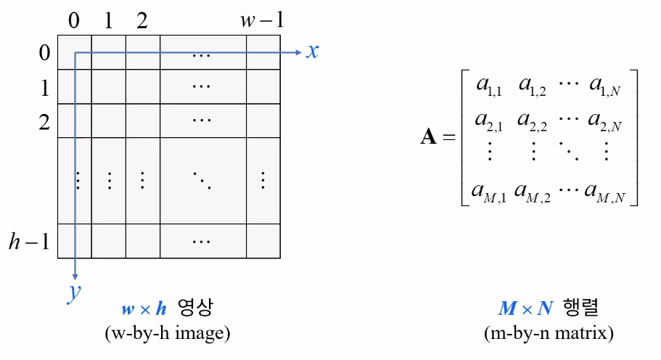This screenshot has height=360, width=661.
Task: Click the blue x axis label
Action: pos(312,51)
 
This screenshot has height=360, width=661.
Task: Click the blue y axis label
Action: pos(74,292)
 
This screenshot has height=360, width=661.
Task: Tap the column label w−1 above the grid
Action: pos(261,20)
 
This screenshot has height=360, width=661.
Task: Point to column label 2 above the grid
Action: pos(141,20)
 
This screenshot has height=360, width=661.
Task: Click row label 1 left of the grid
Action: pos(44,88)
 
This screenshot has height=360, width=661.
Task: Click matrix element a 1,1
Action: pos(490,86)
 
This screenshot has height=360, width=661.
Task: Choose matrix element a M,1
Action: pos(488,192)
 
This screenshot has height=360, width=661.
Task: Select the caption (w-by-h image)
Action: pos(168,333)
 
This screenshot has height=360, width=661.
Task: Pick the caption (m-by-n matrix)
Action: pos(549,333)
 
